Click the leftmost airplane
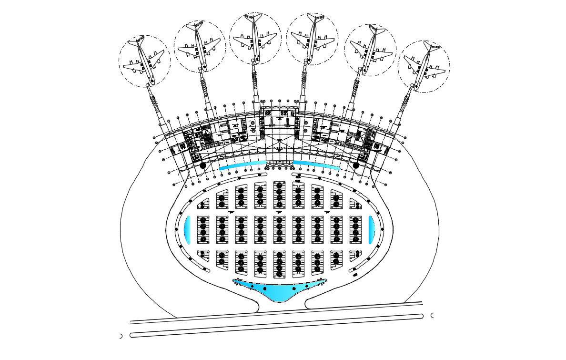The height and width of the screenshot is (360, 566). (x=144, y=61)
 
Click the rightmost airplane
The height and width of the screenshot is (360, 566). (x=424, y=66)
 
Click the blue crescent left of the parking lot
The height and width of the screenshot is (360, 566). (x=187, y=229)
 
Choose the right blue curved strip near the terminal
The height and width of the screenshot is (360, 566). (x=316, y=165)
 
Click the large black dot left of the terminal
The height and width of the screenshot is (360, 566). (x=203, y=165)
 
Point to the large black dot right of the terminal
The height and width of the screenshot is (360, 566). (x=355, y=165)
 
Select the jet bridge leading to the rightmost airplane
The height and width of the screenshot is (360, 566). (x=403, y=108)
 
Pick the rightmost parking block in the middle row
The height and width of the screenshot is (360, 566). (x=355, y=229)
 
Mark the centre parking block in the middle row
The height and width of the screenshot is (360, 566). (x=279, y=229)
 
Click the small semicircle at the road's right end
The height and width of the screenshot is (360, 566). (x=432, y=315)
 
